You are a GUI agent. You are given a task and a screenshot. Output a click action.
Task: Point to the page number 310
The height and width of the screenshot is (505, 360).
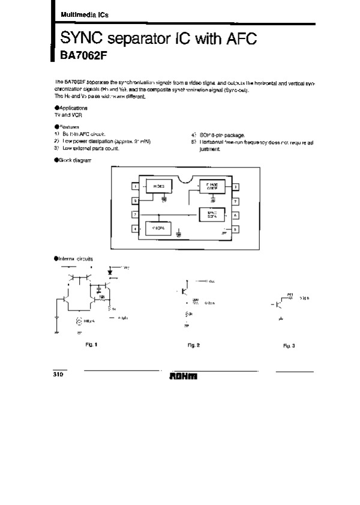point(58,373)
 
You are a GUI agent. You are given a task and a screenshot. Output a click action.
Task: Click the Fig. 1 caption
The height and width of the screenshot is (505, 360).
point(91,345)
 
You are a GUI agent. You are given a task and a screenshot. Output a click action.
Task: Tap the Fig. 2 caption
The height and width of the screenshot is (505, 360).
point(193,346)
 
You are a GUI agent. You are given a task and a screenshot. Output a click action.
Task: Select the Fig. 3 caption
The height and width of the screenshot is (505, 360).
point(289,346)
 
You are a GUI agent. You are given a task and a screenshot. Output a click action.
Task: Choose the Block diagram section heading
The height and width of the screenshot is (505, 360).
point(73,160)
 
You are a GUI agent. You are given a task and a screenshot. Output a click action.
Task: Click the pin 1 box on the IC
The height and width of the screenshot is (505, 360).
point(136,187)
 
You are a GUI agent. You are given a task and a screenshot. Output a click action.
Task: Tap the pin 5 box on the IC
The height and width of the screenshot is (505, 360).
point(235,229)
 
